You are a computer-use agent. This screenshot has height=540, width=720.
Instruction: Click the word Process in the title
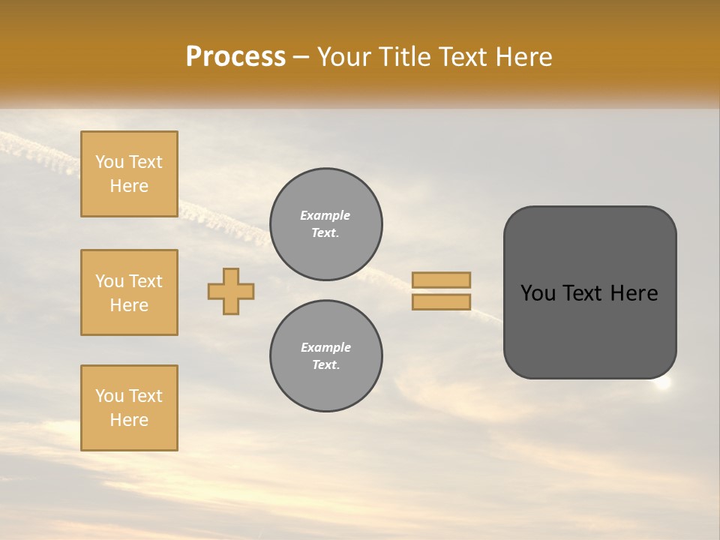[x=235, y=57]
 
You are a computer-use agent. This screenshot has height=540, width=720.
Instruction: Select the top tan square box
[x=129, y=174]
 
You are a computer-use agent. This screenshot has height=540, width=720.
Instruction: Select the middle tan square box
[x=129, y=292]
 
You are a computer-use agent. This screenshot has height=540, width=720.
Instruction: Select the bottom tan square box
[x=129, y=408]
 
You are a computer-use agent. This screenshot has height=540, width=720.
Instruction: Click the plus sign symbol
[x=231, y=291]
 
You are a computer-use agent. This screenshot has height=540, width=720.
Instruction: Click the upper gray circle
[x=326, y=224]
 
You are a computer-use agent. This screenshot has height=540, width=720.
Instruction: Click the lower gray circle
[x=326, y=356]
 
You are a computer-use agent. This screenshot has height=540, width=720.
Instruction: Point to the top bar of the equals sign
[x=442, y=280]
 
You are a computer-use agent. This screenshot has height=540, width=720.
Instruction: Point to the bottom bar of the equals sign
[x=442, y=302]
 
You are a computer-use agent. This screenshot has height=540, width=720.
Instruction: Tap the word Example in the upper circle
[x=325, y=215]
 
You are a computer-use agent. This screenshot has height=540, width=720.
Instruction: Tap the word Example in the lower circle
[x=325, y=347]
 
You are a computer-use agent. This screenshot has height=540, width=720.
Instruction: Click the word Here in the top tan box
[x=129, y=186]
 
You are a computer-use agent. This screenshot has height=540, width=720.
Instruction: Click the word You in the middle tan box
[x=109, y=281]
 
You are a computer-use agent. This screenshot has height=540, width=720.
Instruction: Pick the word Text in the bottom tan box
[x=145, y=396]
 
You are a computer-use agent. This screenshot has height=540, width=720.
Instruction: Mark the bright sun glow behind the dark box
[x=663, y=383]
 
